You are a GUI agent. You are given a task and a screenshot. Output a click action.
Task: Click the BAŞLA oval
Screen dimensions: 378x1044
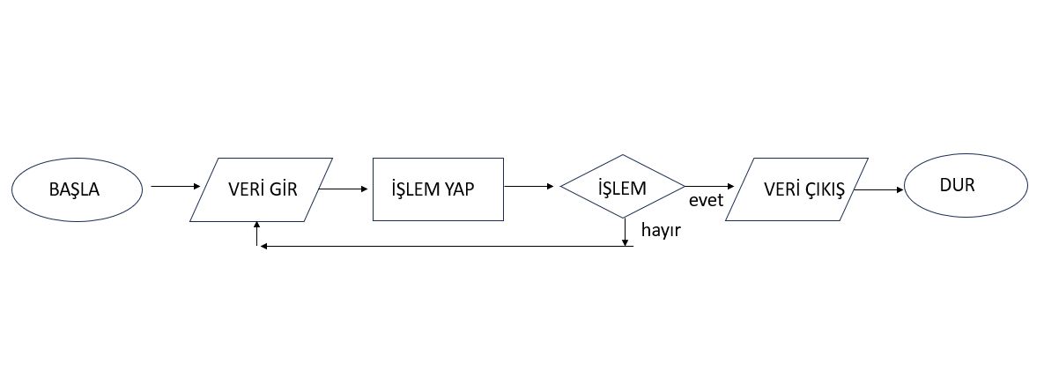coord(77,189)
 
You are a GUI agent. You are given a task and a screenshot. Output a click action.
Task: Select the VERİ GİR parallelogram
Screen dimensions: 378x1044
coord(261,189)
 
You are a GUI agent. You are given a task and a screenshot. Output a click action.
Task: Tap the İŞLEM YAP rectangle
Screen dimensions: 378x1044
coord(438,189)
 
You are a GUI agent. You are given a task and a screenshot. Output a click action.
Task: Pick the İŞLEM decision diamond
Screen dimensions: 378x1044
coord(622,188)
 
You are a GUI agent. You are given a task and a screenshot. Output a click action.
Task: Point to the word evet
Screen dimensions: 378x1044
coord(706,201)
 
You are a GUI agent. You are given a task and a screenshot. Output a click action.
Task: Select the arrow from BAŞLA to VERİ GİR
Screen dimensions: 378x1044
coord(175,187)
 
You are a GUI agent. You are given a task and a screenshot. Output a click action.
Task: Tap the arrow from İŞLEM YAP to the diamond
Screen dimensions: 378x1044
coord(530,187)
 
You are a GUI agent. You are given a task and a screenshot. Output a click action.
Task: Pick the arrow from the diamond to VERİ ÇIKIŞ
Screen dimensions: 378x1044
coord(709,186)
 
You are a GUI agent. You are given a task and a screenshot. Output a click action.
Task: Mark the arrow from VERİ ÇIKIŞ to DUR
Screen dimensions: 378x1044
coord(879,189)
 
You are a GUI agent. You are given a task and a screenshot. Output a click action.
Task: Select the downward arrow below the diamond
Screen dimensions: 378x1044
coord(625,231)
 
